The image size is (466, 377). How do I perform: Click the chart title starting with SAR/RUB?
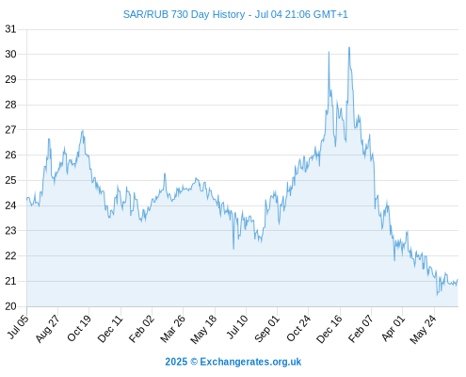235,14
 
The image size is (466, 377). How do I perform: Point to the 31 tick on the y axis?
10,29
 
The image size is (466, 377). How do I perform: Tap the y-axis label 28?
10,105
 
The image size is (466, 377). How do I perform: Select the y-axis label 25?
10,180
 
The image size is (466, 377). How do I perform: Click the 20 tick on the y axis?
10,306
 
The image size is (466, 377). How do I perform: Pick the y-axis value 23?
10,231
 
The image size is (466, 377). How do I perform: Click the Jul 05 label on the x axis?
18,327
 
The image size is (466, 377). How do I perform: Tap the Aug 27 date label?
47,329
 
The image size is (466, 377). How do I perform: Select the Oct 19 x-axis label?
79,328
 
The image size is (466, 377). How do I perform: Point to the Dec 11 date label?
110,329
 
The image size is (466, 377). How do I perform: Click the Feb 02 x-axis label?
141,329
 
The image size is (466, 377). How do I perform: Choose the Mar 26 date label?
172,329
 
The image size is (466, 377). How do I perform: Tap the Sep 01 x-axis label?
266,329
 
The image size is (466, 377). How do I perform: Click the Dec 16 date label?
329,329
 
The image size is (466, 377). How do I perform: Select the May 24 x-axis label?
423,329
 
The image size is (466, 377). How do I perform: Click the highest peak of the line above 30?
349,47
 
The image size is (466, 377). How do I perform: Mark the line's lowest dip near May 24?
437,295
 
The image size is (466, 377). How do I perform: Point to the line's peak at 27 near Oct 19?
83,130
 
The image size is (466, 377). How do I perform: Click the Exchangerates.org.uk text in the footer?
250,362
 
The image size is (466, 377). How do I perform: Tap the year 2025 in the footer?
176,362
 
